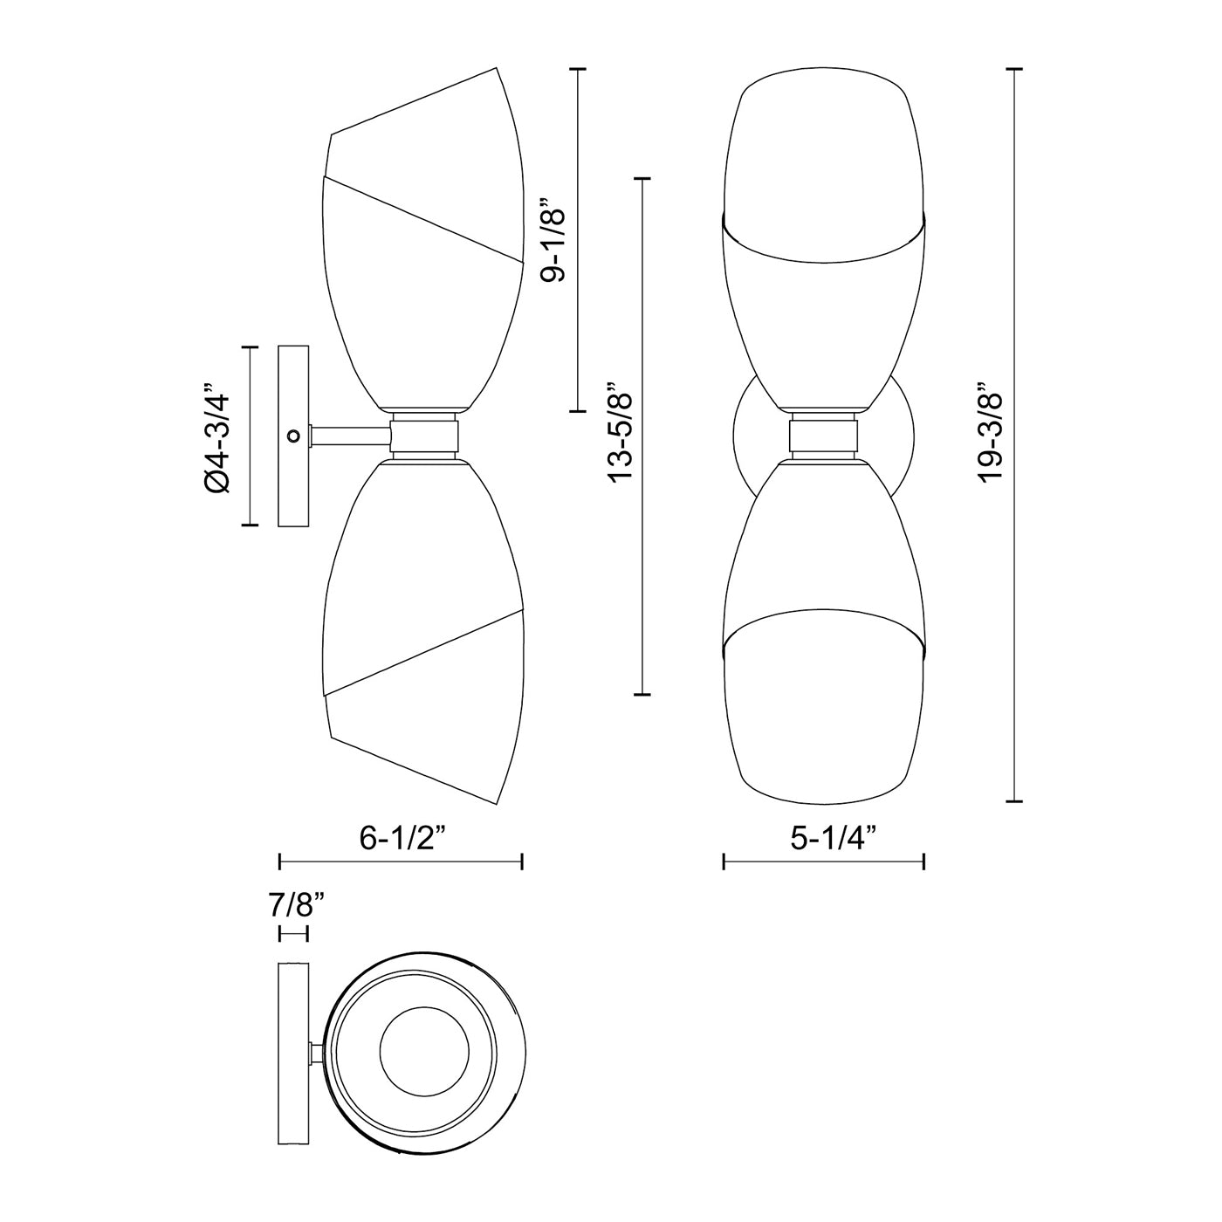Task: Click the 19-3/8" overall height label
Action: tap(991, 434)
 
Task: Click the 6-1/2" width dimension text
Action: tap(403, 838)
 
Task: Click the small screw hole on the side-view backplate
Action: tap(293, 435)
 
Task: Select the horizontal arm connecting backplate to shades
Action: tap(350, 436)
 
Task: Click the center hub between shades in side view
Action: tap(424, 436)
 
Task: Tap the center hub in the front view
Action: tap(824, 436)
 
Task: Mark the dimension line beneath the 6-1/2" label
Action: tap(400, 862)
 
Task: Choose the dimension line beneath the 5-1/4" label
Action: tap(824, 862)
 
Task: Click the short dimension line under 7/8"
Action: tap(292, 934)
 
